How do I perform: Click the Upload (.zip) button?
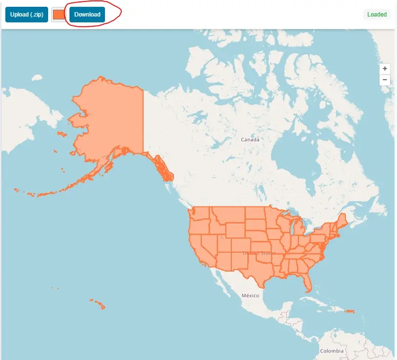(26, 15)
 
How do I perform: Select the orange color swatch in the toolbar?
(58, 15)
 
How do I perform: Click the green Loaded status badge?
(377, 15)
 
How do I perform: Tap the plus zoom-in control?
(385, 69)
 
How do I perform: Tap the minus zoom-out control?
(385, 80)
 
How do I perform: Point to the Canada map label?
(250, 140)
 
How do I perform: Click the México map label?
(250, 296)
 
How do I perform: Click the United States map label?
(259, 253)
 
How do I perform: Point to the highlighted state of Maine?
(343, 220)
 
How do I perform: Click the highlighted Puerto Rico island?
(349, 311)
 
